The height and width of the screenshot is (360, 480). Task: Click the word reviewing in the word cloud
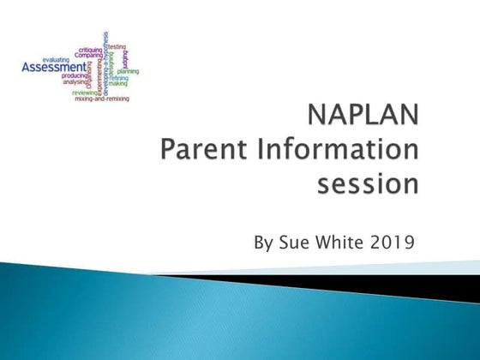(86, 93)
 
